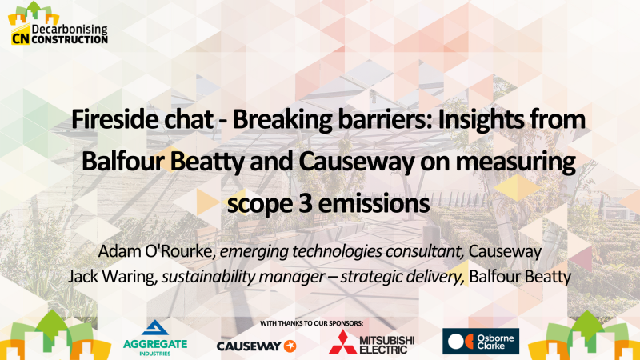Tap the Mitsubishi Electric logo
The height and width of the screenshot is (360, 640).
(371, 342)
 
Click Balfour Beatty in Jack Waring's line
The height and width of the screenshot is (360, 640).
(519, 277)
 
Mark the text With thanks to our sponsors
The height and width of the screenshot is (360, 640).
(311, 323)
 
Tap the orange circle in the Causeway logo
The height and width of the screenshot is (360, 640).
(290, 346)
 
